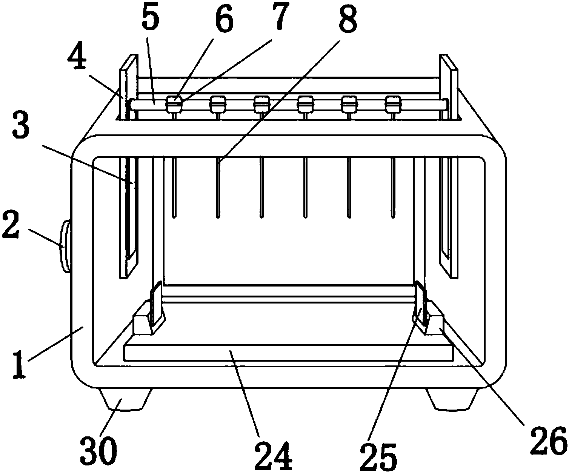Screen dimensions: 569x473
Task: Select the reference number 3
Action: (x=21, y=125)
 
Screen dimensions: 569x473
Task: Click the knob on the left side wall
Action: (x=66, y=246)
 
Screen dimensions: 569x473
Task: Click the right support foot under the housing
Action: (x=452, y=399)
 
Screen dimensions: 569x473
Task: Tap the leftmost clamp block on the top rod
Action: (x=174, y=104)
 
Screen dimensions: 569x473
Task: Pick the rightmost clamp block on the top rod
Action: (x=393, y=104)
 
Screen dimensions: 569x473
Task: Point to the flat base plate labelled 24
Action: (x=288, y=353)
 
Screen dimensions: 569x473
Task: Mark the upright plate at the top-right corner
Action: (x=449, y=166)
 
